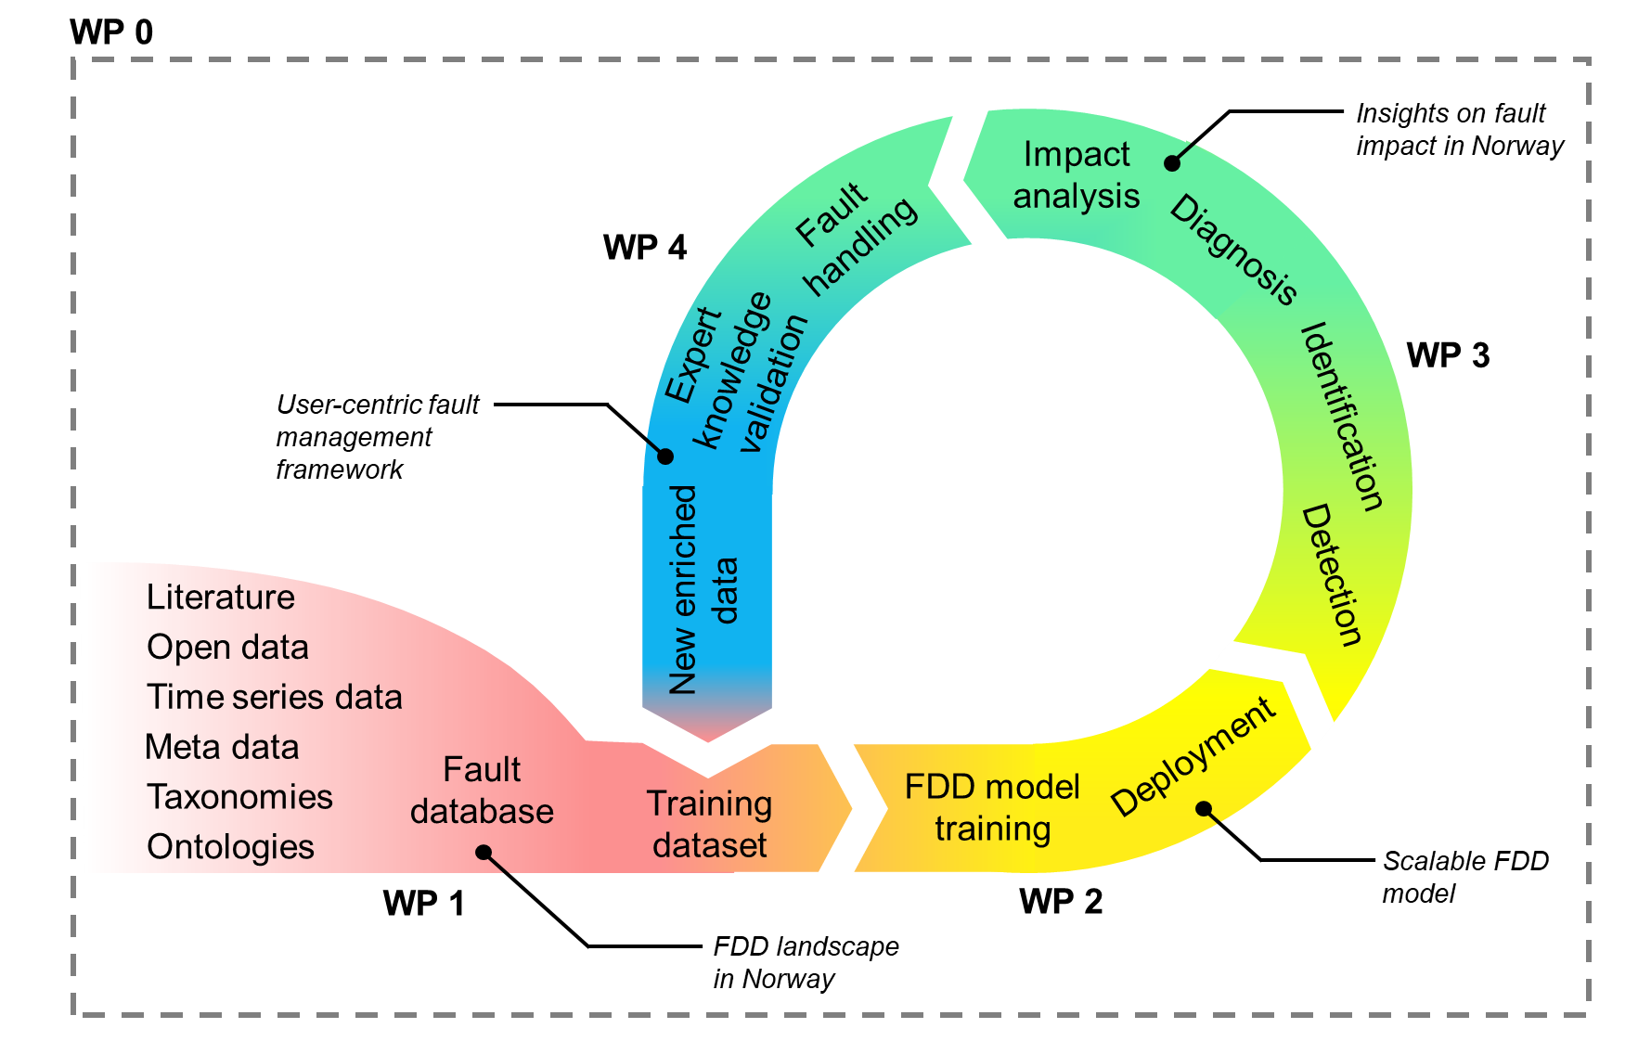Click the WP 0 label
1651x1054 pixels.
click(x=111, y=32)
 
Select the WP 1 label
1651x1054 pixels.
click(x=423, y=903)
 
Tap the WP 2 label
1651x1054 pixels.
click(x=1061, y=901)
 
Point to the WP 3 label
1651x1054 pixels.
click(x=1448, y=355)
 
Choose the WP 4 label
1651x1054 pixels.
click(x=645, y=248)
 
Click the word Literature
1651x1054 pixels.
click(x=221, y=597)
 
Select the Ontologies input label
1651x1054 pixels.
click(x=230, y=847)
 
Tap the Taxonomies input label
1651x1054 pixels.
click(x=239, y=797)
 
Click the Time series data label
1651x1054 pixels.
click(x=274, y=697)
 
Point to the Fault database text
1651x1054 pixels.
click(x=482, y=790)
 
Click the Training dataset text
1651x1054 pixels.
click(x=710, y=824)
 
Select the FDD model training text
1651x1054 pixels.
click(x=992, y=807)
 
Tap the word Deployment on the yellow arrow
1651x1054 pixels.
click(x=1193, y=756)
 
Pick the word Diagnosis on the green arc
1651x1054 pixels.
click(x=1232, y=250)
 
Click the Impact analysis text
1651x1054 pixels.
click(x=1076, y=175)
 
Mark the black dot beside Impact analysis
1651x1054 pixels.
click(x=1172, y=163)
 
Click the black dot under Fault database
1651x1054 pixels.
click(x=484, y=852)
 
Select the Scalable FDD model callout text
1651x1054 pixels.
click(x=1465, y=877)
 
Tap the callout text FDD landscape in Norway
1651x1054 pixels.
click(x=806, y=962)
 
